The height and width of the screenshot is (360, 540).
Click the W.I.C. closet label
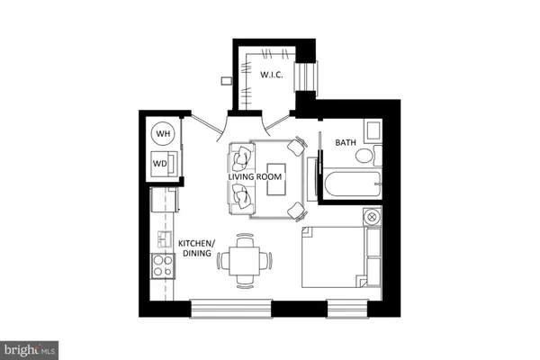click(272, 76)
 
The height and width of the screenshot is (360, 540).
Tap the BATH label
click(346, 143)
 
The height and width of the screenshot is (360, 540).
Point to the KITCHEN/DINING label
click(195, 248)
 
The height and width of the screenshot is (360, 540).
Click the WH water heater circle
click(163, 134)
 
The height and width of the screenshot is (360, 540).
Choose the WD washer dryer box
click(161, 164)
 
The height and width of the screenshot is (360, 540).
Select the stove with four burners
click(163, 265)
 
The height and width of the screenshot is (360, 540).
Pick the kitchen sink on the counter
click(163, 238)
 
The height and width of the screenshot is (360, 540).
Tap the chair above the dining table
click(243, 240)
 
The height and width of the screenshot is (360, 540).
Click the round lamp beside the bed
click(370, 217)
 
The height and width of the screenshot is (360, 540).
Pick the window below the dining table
click(231, 308)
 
